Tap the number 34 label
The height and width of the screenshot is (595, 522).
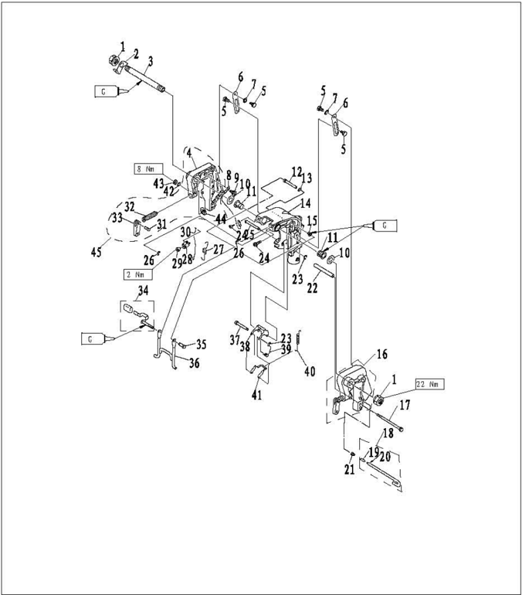pyautogui.click(x=143, y=291)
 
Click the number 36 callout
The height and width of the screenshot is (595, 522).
pyautogui.click(x=194, y=363)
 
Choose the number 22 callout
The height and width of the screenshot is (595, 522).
pyautogui.click(x=312, y=288)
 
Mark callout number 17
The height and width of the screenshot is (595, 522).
pyautogui.click(x=404, y=404)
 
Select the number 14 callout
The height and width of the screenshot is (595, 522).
pyautogui.click(x=306, y=203)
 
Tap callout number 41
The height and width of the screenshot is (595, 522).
pyautogui.click(x=256, y=395)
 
